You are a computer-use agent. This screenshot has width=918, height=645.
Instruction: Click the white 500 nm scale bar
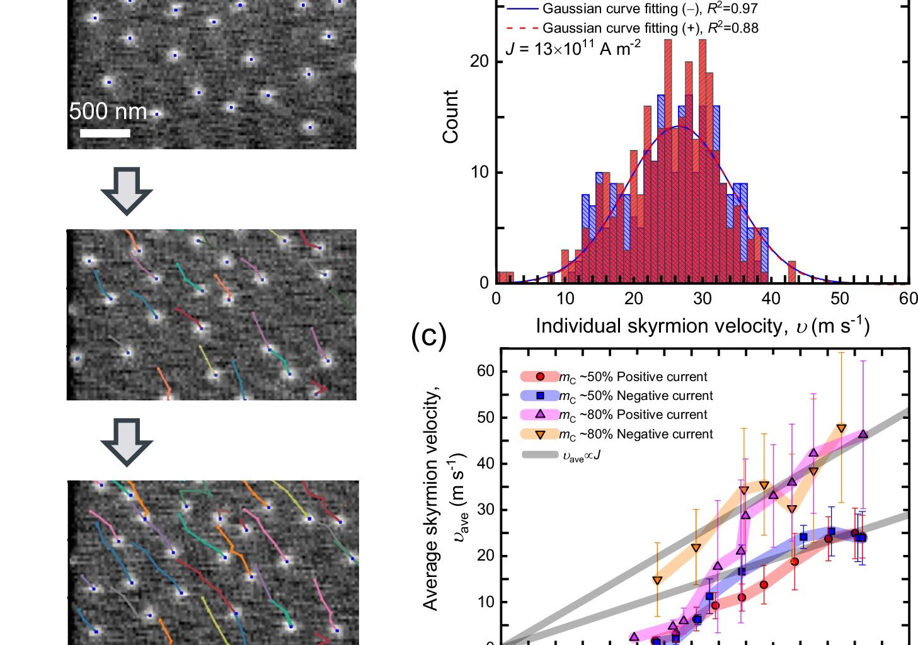(105, 133)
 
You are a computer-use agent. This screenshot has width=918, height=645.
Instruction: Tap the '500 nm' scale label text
(108, 111)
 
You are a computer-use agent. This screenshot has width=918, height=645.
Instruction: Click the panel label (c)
(428, 336)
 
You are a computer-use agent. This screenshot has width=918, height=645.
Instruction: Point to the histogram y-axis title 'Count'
(450, 117)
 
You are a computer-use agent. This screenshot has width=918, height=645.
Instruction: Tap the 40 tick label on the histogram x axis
(771, 299)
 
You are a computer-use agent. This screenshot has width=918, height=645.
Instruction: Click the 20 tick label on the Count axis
(479, 62)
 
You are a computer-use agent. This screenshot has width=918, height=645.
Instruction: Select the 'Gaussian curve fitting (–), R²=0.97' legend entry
(649, 9)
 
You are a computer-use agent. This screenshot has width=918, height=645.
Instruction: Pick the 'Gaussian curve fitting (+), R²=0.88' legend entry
(650, 28)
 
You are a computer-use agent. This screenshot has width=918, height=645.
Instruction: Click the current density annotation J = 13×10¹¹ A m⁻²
(573, 48)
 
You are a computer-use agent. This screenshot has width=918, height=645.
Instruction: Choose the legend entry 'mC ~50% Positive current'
(633, 377)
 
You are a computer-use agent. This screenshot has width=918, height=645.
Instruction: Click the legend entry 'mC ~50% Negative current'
(636, 396)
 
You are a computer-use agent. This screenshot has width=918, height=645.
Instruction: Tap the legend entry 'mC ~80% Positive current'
(633, 414)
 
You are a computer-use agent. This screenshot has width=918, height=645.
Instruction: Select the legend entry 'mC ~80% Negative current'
(636, 434)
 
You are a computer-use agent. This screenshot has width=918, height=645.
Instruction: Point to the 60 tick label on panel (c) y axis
(485, 371)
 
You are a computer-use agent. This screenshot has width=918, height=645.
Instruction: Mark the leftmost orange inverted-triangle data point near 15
(657, 580)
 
